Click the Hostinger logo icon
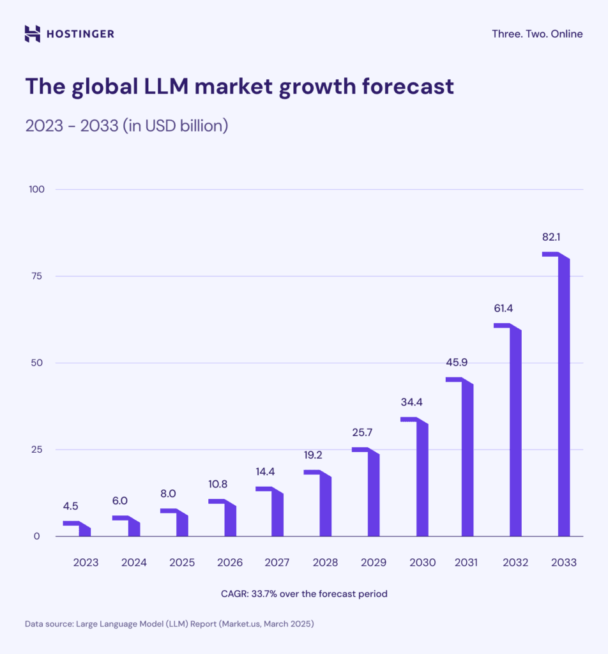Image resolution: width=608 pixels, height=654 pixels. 32,33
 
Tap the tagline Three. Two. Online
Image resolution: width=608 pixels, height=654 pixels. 537,34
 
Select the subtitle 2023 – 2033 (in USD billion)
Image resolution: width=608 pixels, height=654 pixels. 126,125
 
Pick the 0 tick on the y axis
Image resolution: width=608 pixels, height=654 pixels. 37,536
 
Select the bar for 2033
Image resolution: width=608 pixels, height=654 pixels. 563,396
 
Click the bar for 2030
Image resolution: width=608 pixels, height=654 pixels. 422,479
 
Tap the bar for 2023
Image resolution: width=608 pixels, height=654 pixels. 84,530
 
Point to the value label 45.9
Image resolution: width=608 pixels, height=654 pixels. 457,362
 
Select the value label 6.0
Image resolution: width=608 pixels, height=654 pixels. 119,501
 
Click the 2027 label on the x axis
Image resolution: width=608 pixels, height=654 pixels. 277,563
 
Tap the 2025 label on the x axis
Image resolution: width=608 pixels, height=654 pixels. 182,563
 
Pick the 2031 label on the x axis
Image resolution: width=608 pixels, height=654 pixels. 466,563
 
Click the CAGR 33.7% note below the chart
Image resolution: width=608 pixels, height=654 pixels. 304,593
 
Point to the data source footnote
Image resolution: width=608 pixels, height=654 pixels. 169,624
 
